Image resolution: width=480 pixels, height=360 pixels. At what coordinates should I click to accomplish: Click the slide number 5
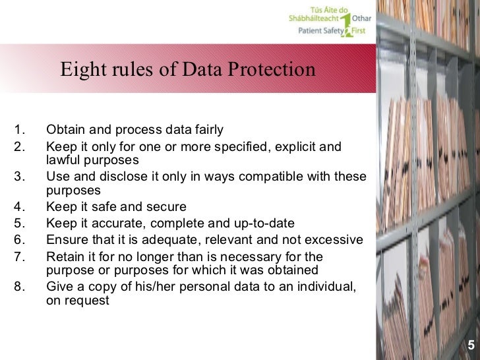[471, 344]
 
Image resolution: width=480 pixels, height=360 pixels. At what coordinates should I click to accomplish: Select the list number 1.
[18, 129]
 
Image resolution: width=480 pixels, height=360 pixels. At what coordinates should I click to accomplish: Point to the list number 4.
[18, 207]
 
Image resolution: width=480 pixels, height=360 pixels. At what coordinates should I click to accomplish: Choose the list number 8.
[18, 285]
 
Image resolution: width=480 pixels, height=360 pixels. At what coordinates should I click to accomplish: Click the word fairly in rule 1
[206, 129]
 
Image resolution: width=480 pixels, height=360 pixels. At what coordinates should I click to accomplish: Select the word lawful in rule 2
[64, 160]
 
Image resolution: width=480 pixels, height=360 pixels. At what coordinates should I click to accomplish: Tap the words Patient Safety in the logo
[319, 30]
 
